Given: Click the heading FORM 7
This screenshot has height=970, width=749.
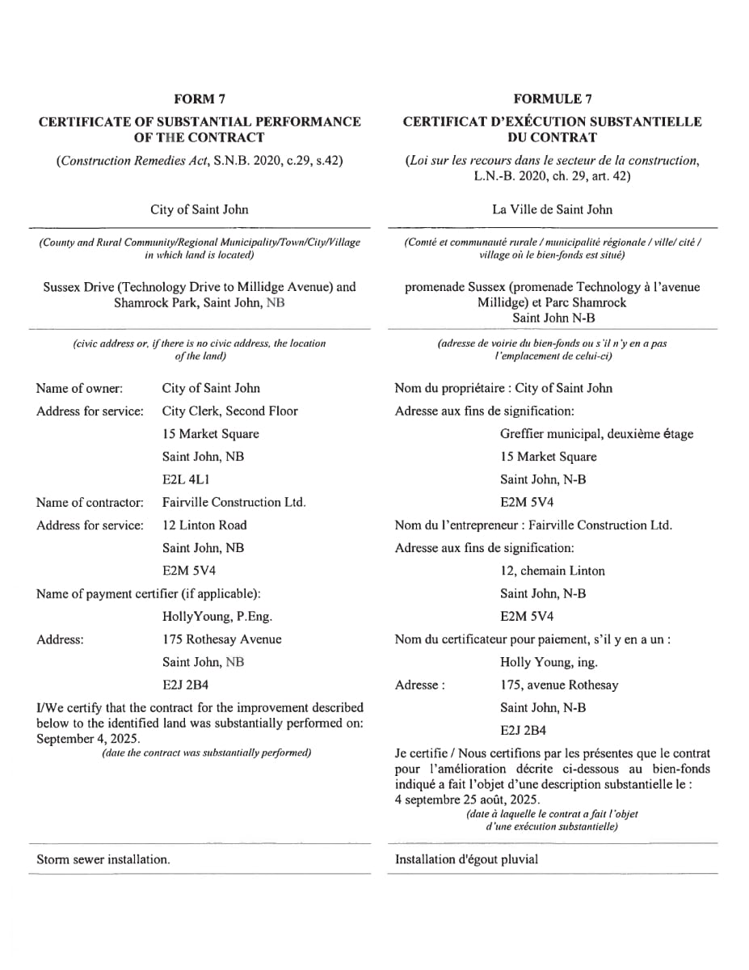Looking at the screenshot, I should [x=200, y=99].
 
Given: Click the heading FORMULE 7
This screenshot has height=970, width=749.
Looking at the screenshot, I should [x=553, y=99].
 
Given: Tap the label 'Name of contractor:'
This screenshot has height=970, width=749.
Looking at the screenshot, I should [x=90, y=502].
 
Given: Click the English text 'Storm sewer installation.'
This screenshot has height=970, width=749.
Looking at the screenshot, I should [x=103, y=859].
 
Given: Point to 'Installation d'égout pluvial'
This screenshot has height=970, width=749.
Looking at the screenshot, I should [x=466, y=859].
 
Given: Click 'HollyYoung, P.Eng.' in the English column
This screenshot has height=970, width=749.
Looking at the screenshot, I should [x=217, y=617].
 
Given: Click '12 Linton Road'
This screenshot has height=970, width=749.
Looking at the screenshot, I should [x=204, y=525].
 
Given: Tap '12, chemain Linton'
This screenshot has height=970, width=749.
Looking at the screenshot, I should [x=552, y=571].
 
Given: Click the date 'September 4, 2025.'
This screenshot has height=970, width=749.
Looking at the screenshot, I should [x=88, y=739].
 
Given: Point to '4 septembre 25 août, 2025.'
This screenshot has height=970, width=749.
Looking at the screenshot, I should [x=468, y=799].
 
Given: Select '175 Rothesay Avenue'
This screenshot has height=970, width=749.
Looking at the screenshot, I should [x=221, y=639].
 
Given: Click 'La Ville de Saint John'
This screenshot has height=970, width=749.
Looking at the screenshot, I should [x=552, y=209].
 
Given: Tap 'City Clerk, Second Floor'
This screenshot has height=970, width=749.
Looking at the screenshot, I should [x=229, y=411].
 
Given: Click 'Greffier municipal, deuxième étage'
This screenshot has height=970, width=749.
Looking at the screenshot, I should [x=596, y=433].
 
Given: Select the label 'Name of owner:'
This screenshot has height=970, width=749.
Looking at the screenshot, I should [x=79, y=388].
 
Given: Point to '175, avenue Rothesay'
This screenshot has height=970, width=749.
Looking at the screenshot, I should [x=559, y=685].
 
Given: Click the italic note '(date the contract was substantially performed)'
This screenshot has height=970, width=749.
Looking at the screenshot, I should [x=206, y=753].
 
